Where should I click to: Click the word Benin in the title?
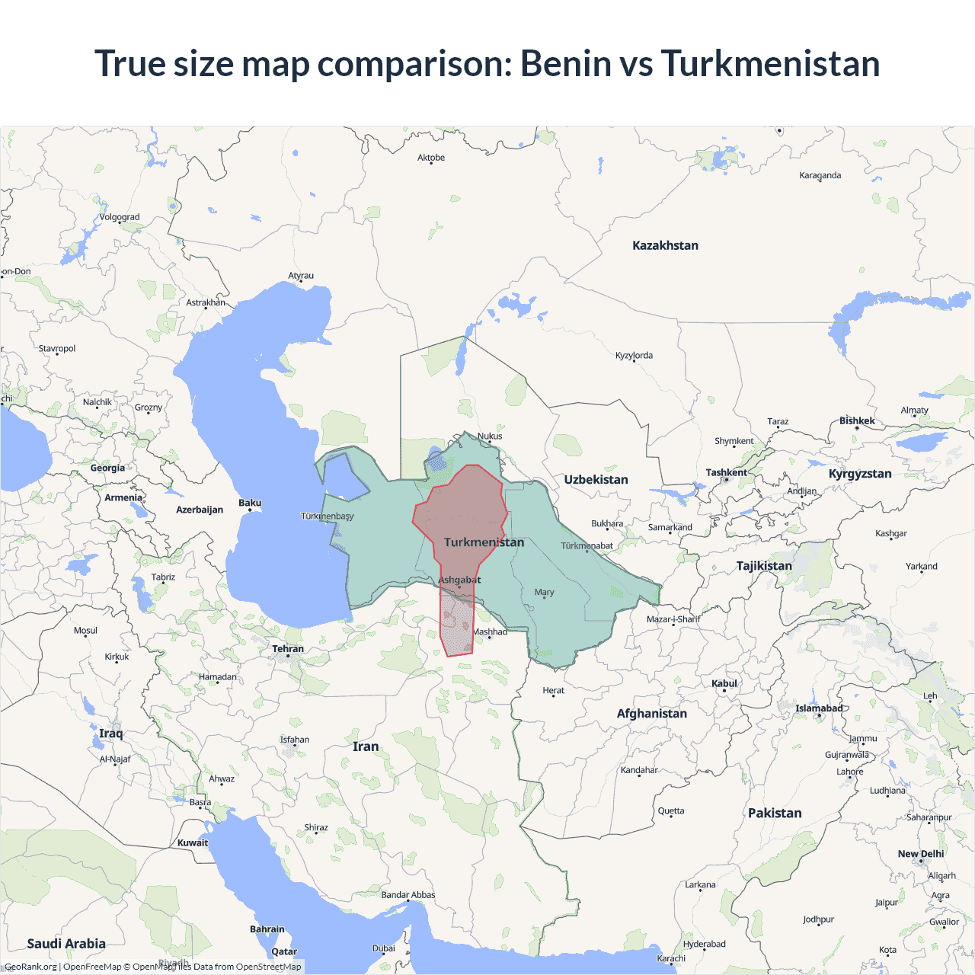[x=566, y=63]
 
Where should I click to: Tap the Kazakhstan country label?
[x=665, y=245]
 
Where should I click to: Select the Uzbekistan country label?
[x=596, y=479]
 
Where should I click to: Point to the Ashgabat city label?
[x=459, y=580]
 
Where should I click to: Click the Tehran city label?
[x=288, y=649]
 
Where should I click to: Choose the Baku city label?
[x=250, y=503]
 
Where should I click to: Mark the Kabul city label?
[x=724, y=683]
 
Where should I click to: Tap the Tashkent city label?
[x=726, y=472]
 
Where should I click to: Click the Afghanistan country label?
[x=651, y=713]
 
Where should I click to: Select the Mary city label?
[x=544, y=592]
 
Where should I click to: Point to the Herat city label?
[x=553, y=690]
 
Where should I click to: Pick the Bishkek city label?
[x=857, y=420]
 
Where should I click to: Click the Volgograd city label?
[x=120, y=217]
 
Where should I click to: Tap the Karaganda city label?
[x=820, y=175]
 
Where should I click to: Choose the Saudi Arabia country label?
[x=66, y=943]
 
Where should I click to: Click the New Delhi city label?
[x=920, y=854]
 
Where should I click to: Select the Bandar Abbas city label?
[x=408, y=895]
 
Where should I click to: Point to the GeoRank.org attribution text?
[x=30, y=967]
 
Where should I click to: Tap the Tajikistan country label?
[x=764, y=565]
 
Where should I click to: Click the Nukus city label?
[x=490, y=436]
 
